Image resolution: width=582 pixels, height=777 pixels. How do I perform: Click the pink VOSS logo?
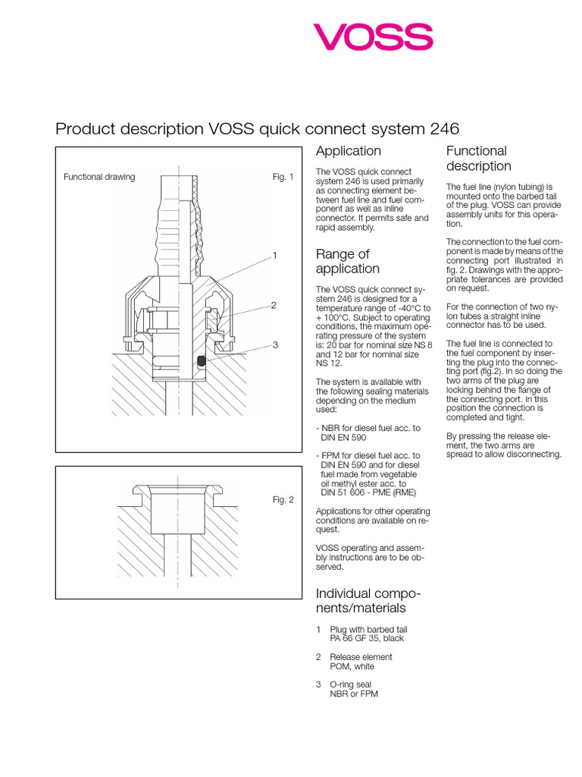(373, 36)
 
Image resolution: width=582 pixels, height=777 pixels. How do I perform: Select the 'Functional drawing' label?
(99, 177)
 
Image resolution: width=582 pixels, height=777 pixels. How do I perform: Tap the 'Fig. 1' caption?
(283, 177)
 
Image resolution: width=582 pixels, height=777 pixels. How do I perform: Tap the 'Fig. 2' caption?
(283, 499)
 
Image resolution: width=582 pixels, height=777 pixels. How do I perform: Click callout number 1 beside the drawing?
(275, 256)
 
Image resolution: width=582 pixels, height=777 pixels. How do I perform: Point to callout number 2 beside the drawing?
(274, 305)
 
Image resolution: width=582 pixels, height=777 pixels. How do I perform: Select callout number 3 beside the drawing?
(276, 344)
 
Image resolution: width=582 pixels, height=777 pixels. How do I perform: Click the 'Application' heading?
(348, 151)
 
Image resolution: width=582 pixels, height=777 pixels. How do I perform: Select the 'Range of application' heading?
(347, 261)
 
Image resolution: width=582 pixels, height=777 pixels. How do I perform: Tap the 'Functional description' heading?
(479, 158)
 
